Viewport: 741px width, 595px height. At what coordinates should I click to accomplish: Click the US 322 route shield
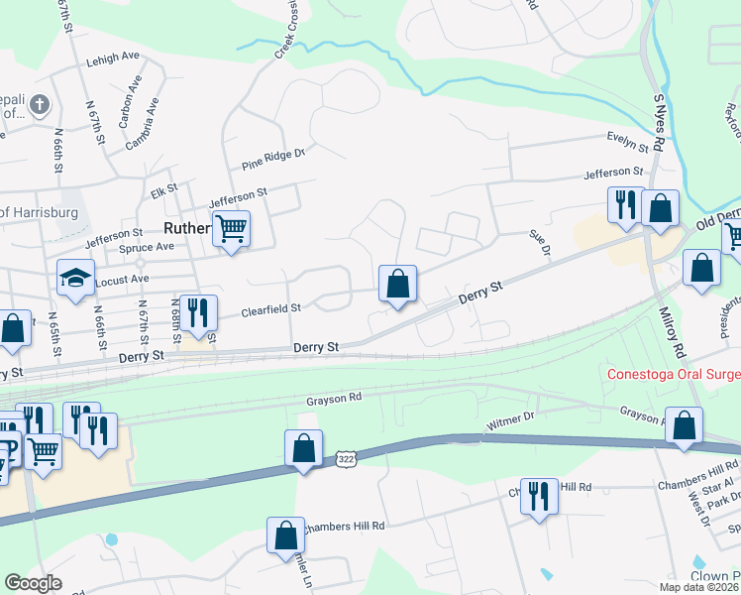[345, 459]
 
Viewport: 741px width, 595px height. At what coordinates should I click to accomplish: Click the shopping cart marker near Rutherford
[231, 229]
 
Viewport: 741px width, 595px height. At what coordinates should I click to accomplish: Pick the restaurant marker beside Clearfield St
[197, 312]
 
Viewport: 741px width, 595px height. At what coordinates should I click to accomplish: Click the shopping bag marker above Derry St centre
[397, 284]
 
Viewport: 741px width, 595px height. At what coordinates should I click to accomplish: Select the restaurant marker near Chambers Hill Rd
[538, 496]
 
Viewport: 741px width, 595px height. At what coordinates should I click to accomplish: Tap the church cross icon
[39, 104]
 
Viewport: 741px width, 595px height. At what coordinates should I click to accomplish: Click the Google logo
[34, 583]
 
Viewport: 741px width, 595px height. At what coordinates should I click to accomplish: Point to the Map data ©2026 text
[699, 587]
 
